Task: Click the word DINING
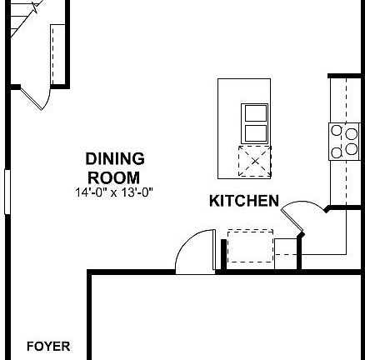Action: pyautogui.click(x=114, y=158)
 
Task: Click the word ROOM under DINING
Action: pyautogui.click(x=114, y=177)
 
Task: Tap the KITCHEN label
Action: pyautogui.click(x=243, y=201)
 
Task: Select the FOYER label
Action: pyautogui.click(x=48, y=347)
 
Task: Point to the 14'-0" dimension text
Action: pyautogui.click(x=92, y=192)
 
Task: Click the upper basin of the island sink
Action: pyautogui.click(x=255, y=113)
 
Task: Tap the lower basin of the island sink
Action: pyautogui.click(x=255, y=132)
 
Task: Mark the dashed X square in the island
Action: pyautogui.click(x=255, y=160)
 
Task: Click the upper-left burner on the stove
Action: pyautogui.click(x=337, y=131)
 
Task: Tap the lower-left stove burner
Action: pyautogui.click(x=337, y=151)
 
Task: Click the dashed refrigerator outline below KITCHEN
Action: pyautogui.click(x=250, y=247)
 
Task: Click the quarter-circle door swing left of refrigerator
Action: pyautogui.click(x=193, y=253)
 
